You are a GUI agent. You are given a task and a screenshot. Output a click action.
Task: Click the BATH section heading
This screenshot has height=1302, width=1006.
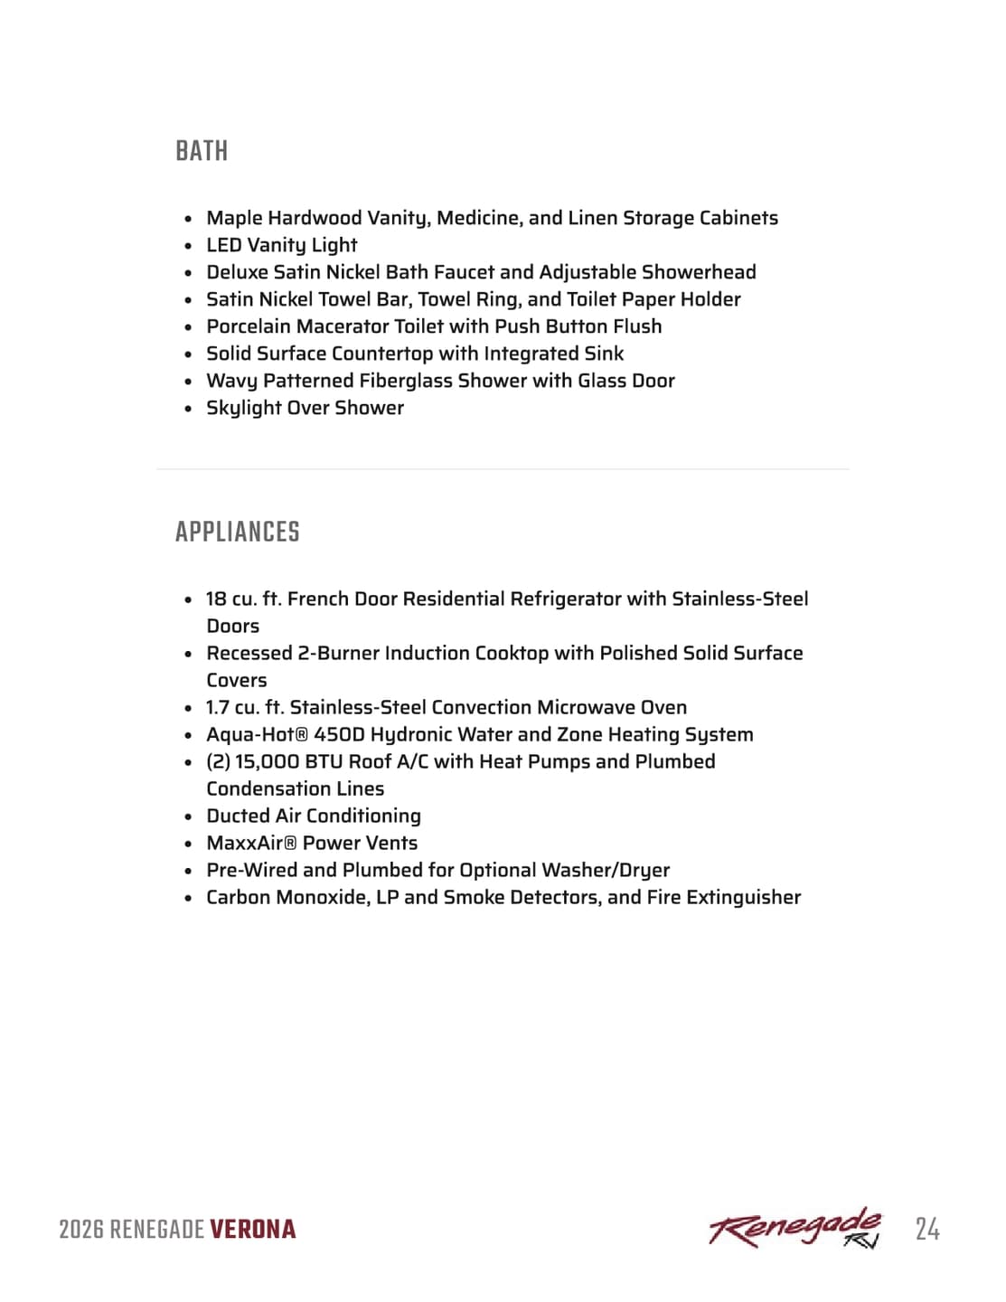(x=202, y=151)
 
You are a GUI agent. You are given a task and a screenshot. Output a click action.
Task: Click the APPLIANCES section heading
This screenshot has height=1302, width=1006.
(x=237, y=532)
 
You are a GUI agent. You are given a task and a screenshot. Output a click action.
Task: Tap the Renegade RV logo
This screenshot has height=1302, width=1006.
(x=794, y=1228)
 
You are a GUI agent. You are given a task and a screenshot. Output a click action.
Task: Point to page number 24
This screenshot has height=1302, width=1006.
(x=926, y=1230)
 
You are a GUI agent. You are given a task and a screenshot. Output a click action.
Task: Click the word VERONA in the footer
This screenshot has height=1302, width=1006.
(x=253, y=1230)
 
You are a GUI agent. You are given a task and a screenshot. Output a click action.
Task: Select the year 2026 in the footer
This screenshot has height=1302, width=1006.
(x=81, y=1230)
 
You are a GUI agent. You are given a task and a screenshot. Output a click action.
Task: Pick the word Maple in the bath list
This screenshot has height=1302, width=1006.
(x=234, y=218)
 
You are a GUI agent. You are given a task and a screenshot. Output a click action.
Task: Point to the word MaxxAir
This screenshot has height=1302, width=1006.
(x=244, y=843)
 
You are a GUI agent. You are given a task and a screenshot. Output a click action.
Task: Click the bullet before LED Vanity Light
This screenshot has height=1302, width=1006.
(x=188, y=246)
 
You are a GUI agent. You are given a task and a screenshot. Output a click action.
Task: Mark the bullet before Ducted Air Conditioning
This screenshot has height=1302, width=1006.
(x=188, y=816)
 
